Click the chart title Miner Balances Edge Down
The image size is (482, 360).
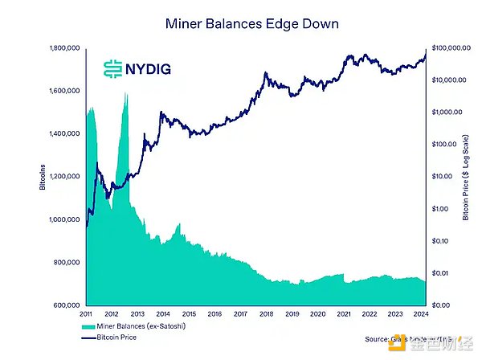click(x=241, y=25)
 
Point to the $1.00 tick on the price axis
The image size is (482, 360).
click(x=443, y=209)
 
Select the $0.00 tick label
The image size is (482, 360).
click(x=443, y=305)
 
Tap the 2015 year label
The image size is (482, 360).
click(x=189, y=314)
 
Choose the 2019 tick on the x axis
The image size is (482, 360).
click(x=292, y=314)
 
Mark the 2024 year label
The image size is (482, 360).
click(x=422, y=314)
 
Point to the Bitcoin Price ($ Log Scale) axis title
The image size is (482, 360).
click(x=468, y=177)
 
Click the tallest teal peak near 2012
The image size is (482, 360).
click(x=126, y=95)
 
